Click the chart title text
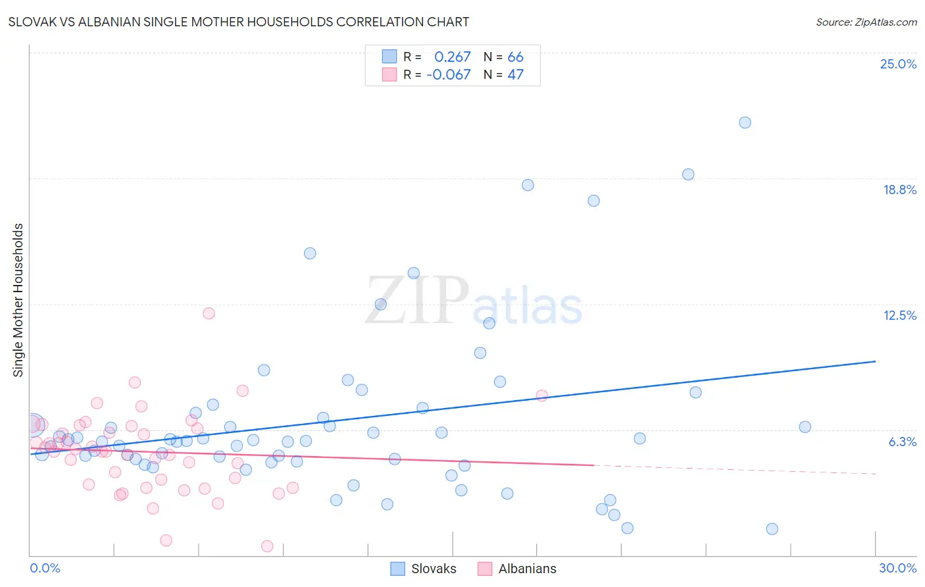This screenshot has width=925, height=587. pyautogui.click(x=239, y=22)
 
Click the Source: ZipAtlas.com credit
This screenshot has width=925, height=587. pyautogui.click(x=866, y=22)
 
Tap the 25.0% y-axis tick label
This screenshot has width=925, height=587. pyautogui.click(x=898, y=64)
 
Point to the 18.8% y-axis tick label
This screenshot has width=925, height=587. pyautogui.click(x=899, y=190)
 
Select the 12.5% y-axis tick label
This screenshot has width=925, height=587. pyautogui.click(x=899, y=315)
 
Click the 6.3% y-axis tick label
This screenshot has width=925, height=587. pyautogui.click(x=902, y=442)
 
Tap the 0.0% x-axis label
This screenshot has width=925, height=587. pyautogui.click(x=45, y=568)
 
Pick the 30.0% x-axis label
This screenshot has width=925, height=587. pyautogui.click(x=897, y=568)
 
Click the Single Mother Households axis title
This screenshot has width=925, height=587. pyautogui.click(x=18, y=300)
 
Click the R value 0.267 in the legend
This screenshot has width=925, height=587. pyautogui.click(x=452, y=57)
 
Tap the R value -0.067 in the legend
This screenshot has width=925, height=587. pyautogui.click(x=449, y=75)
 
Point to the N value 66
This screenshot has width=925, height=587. pyautogui.click(x=515, y=57)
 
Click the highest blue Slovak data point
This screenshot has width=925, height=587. pyautogui.click(x=745, y=122)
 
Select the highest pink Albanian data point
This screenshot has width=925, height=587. pyautogui.click(x=209, y=313)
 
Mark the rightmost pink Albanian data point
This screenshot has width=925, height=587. pyautogui.click(x=542, y=396)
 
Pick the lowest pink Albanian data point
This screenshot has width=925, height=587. pyautogui.click(x=267, y=546)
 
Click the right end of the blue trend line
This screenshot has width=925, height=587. pyautogui.click(x=875, y=361)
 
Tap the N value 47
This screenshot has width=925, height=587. pyautogui.click(x=515, y=75)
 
